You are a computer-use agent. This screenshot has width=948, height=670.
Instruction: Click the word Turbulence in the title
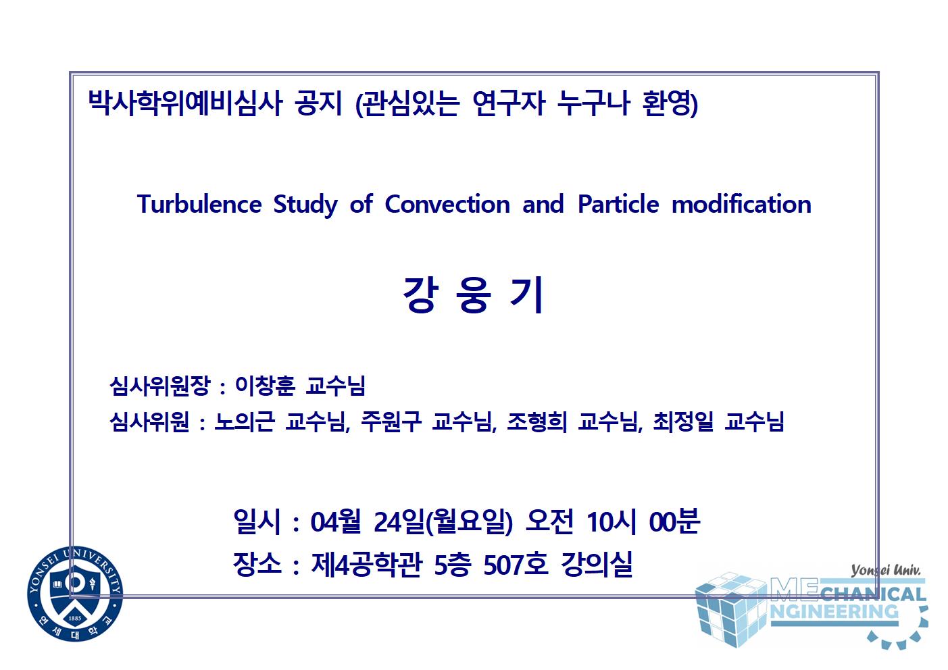click(x=199, y=204)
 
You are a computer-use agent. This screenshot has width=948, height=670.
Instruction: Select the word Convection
click(x=447, y=204)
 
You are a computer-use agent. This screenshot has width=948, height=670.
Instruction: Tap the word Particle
click(x=618, y=204)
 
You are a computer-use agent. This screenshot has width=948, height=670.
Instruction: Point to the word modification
click(x=741, y=204)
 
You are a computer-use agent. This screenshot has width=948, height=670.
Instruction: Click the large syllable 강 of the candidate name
click(x=419, y=295)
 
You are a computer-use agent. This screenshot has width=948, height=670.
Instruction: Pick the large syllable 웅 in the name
click(x=473, y=295)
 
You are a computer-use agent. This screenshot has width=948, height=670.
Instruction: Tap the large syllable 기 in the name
click(x=526, y=295)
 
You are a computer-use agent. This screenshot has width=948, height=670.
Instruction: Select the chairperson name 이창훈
click(x=265, y=386)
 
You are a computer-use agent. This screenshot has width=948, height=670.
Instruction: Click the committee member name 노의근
click(x=244, y=421)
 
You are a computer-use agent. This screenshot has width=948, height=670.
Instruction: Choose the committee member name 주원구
click(x=391, y=421)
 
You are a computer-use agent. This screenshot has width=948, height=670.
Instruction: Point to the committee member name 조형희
click(x=537, y=421)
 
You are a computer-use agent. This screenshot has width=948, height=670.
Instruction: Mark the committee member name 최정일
click(x=682, y=421)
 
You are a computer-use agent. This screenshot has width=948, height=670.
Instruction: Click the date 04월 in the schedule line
click(x=336, y=521)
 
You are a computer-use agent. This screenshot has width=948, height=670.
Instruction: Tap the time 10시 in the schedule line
click(x=612, y=521)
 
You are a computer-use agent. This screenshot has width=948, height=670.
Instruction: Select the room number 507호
click(x=516, y=564)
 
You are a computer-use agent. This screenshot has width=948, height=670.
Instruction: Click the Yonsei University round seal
click(x=75, y=594)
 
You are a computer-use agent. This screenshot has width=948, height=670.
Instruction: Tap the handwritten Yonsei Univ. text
click(x=885, y=571)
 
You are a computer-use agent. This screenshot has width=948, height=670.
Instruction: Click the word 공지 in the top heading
click(x=318, y=103)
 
